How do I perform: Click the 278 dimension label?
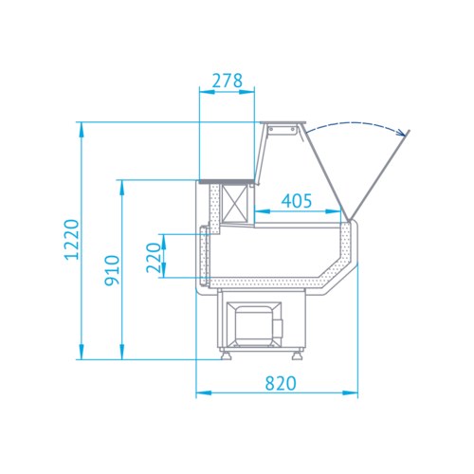click(228, 81)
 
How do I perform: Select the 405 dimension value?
click(297, 201)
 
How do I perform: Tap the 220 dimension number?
click(154, 258)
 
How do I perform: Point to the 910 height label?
click(112, 270)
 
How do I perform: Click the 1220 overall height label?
click(71, 240)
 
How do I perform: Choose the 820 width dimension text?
click(281, 383)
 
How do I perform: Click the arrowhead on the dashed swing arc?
click(402, 133)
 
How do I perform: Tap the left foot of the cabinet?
click(226, 355)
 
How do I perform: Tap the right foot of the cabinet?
click(298, 355)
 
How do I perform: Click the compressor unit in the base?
click(254, 324)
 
